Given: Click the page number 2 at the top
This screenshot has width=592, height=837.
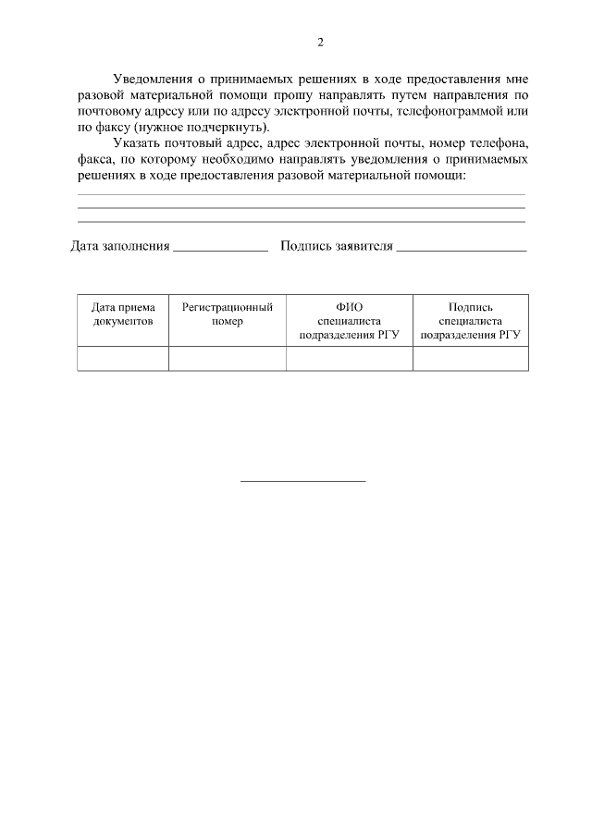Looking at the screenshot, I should (320, 43).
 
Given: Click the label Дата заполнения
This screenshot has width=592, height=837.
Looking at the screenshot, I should (120, 247).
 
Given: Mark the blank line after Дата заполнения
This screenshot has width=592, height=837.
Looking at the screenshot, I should (220, 249).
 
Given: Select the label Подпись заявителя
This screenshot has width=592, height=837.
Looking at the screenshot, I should (337, 247).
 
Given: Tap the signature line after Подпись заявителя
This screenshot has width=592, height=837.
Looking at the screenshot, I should (461, 249).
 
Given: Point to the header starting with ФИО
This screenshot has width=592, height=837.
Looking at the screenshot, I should (350, 320).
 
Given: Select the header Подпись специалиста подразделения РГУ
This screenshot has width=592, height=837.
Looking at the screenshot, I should (470, 320).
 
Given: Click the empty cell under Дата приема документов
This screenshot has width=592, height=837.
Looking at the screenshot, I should (123, 359).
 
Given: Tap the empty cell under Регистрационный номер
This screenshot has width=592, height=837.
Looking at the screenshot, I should (227, 359).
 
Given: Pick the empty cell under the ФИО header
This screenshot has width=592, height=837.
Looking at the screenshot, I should (350, 359).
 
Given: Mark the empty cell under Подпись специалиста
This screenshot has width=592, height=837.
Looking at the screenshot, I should (470, 359).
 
